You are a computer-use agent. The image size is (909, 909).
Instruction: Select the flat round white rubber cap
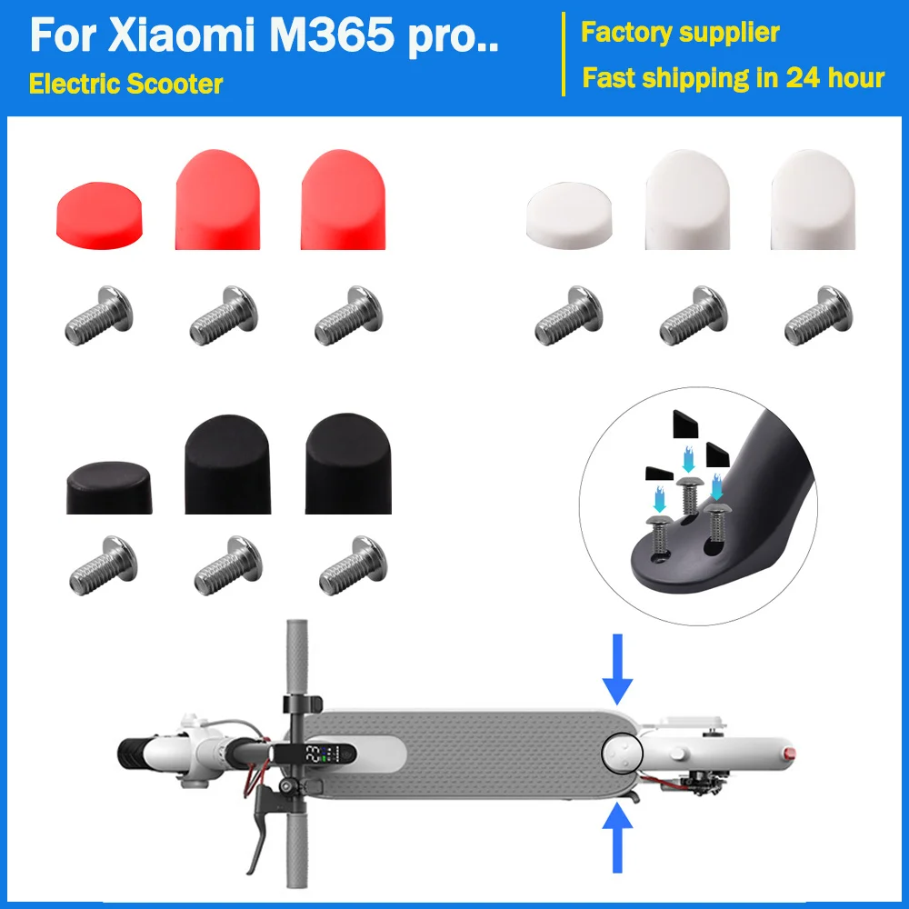tap(561, 215)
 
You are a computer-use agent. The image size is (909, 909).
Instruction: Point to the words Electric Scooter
tap(126, 84)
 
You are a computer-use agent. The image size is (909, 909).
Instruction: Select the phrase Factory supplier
tap(680, 34)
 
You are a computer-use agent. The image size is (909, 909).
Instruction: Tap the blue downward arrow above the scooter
tap(618, 668)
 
